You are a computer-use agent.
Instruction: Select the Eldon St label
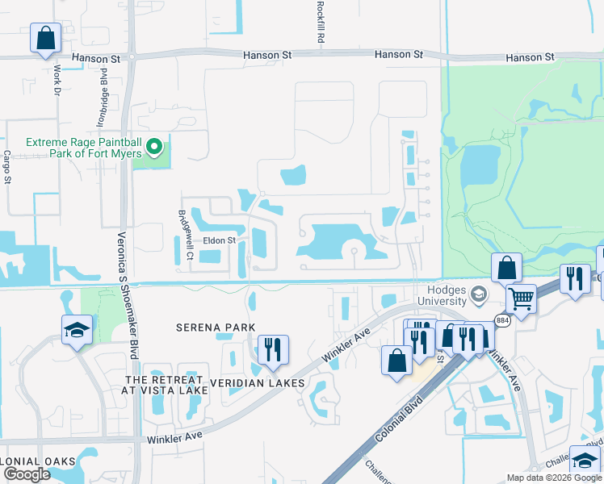[219, 240]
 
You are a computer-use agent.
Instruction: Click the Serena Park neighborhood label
[216, 328]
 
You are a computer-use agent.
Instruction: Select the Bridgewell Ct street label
[182, 236]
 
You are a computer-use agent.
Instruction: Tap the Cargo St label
[6, 167]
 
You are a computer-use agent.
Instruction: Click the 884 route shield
[502, 320]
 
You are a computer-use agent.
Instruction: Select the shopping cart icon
[521, 298]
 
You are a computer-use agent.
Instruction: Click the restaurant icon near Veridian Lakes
[272, 349]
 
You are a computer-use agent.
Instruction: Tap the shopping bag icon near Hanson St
[45, 37]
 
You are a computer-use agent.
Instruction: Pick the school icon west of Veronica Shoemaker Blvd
[77, 329]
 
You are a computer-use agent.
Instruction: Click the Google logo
[27, 474]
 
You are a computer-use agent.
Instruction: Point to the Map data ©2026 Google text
[555, 478]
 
